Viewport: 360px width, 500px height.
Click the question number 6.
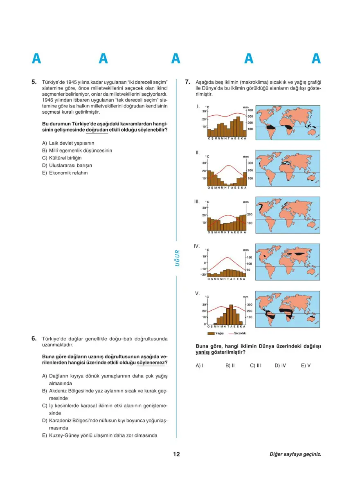pos(34,339)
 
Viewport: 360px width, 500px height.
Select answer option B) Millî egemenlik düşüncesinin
pos(77,150)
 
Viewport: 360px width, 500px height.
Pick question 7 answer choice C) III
pos(255,365)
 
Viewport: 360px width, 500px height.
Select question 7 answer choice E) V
pos(306,365)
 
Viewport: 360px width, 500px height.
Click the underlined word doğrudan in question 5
pos(97,130)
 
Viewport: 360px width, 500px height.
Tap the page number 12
pos(176,454)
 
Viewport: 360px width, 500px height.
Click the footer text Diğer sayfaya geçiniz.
pos(295,454)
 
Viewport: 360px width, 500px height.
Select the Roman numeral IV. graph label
pos(197,246)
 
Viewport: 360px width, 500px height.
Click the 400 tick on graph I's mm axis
pos(250,111)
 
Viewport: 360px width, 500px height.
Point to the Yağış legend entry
pos(216,334)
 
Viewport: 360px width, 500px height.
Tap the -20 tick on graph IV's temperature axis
pos(203,275)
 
